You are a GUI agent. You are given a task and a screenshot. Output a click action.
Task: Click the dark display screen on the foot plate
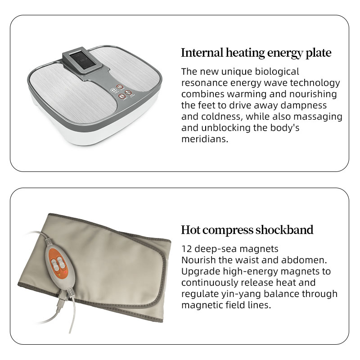tap(81, 61)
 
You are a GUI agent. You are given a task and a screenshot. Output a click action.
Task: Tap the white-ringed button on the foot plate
tap(113, 90)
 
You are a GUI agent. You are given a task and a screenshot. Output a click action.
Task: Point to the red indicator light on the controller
tap(65, 272)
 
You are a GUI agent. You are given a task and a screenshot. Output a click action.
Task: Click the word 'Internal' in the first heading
tap(202, 53)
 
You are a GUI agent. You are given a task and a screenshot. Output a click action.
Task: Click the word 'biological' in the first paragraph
tap(277, 72)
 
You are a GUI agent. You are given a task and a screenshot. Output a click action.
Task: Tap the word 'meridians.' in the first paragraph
tap(205, 139)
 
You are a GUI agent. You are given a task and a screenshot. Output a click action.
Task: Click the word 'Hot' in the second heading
tap(190, 230)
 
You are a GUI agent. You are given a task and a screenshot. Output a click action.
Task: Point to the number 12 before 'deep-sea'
tap(186, 249)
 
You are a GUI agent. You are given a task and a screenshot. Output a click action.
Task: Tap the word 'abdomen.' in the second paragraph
tap(304, 260)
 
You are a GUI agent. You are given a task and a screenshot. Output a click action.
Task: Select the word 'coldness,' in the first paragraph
tap(222, 117)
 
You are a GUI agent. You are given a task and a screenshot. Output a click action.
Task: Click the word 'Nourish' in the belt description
tap(198, 260)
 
